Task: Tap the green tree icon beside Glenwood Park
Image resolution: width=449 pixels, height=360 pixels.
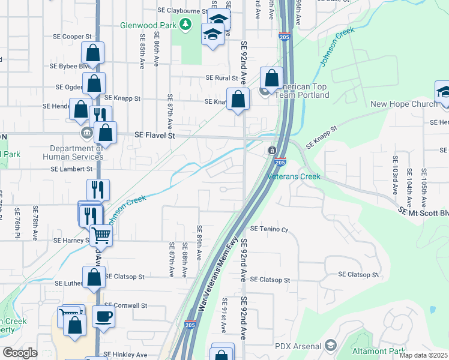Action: click(186, 24)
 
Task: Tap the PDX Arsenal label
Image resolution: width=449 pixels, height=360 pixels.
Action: click(298, 346)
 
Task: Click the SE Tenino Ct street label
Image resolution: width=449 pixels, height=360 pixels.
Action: click(269, 229)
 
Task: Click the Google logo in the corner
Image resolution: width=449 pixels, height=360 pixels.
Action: click(19, 353)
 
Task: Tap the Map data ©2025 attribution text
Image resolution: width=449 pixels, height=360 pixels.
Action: click(423, 355)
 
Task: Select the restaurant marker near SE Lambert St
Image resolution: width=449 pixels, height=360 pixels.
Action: click(98, 190)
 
